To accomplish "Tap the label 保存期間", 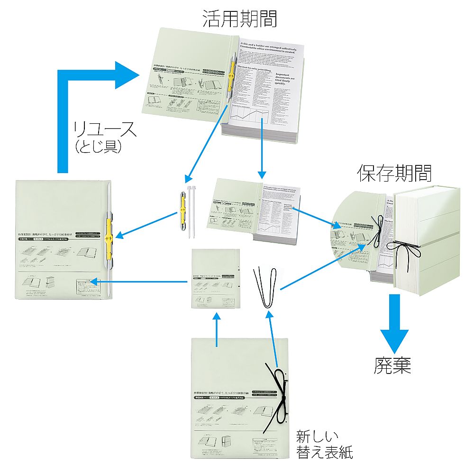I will coord(394,174).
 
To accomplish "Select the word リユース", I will coord(105,129).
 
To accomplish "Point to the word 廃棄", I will coord(392,365).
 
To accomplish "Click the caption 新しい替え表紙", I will coord(324,444).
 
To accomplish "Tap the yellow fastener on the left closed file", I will coord(109,239).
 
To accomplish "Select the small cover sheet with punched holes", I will coord(214,280).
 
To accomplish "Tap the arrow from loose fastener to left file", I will coord(147,225).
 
